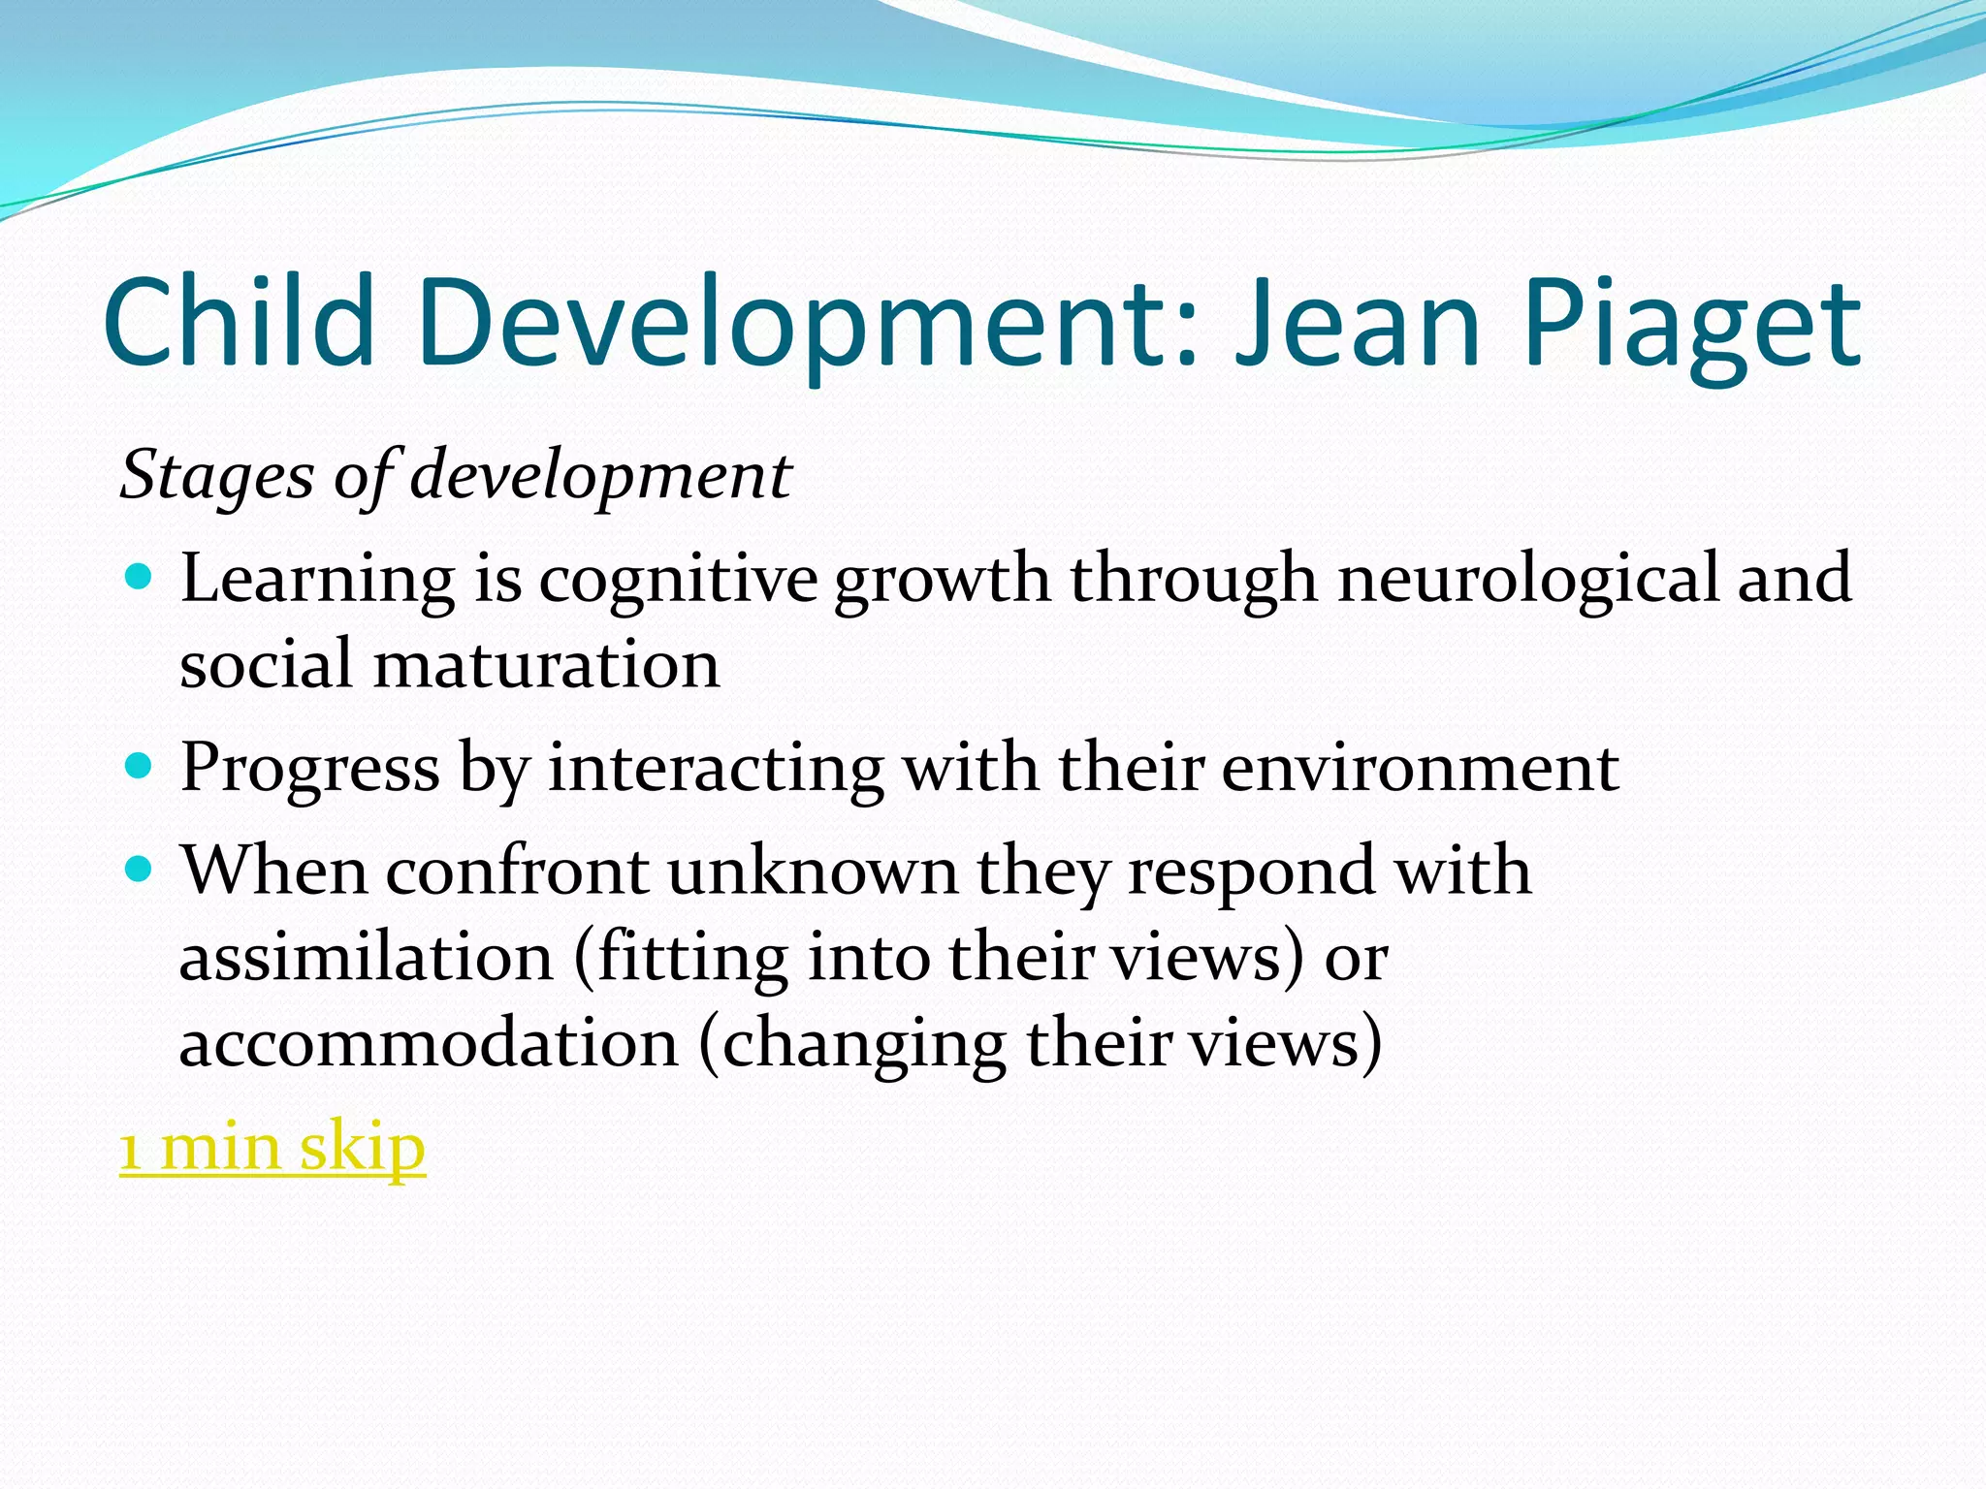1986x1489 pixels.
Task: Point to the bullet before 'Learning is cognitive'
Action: click(140, 579)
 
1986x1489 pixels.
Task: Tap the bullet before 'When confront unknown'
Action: click(140, 870)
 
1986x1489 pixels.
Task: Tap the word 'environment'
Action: click(1420, 768)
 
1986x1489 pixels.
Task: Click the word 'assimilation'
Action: click(367, 957)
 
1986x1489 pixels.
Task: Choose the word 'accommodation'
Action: click(429, 1044)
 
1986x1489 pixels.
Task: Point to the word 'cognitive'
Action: click(678, 579)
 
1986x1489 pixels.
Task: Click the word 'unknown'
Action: click(813, 870)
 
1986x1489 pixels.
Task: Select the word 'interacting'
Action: click(716, 768)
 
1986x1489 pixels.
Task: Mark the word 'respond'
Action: click(1252, 871)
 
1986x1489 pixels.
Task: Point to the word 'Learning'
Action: click(317, 579)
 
